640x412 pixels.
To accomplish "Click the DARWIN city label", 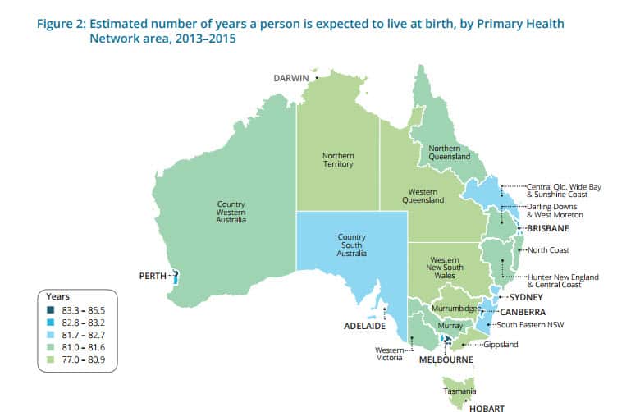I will coord(290,77).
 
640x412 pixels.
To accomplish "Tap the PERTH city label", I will coord(153,276).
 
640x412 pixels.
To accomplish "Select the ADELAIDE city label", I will coord(364,326).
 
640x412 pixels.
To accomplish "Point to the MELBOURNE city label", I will coord(446,359).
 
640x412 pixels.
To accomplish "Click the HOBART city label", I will coord(482,407).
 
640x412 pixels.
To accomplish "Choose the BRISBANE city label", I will coord(548,227).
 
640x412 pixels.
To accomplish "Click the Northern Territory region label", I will coord(337,159).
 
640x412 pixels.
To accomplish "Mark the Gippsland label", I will coord(500,345).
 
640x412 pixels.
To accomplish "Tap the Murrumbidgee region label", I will coord(455,308).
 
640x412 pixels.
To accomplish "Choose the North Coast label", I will coord(549,249).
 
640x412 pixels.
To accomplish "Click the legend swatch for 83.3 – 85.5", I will coord(51,310).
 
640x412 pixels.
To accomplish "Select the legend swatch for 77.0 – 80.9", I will coord(51,359).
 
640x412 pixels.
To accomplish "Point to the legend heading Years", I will coord(58,296).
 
